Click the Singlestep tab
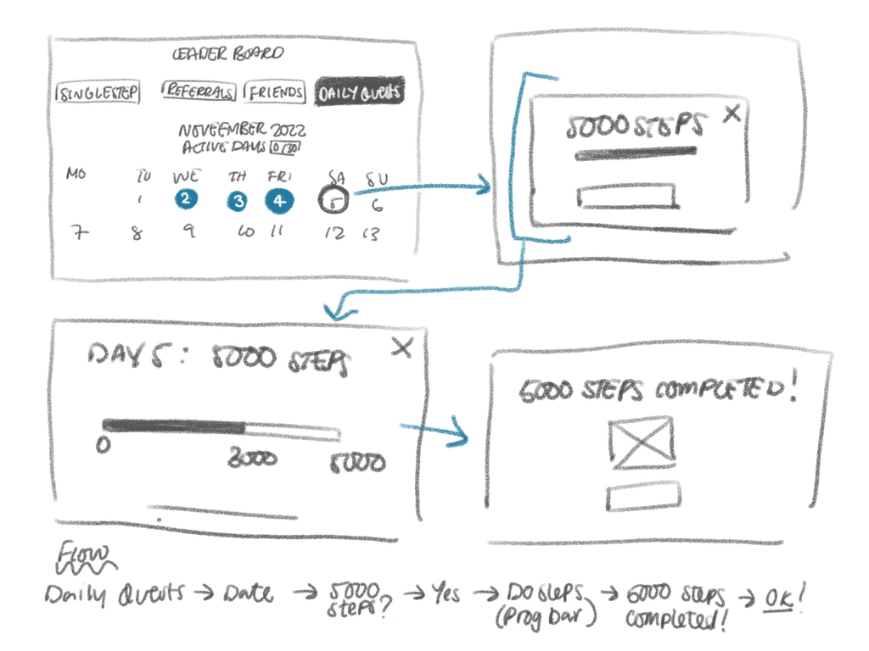[98, 92]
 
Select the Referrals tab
[200, 92]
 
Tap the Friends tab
[275, 92]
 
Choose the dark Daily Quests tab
[359, 92]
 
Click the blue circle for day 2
[185, 200]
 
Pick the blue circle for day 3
[238, 202]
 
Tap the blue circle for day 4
[280, 202]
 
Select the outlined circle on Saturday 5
[334, 202]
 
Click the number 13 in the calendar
[370, 233]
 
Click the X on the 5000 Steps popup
[731, 114]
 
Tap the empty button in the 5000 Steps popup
[626, 197]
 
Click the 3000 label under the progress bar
[252, 459]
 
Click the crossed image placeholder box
[642, 443]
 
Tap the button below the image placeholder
[642, 496]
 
